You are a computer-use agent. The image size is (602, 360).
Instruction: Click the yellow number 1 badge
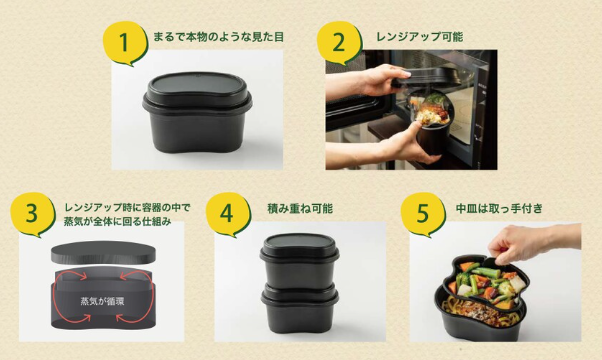[125, 43]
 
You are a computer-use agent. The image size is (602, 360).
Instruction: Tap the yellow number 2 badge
[339, 43]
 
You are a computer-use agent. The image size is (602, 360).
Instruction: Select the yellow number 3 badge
[32, 215]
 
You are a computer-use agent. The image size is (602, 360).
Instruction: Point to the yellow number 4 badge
[228, 215]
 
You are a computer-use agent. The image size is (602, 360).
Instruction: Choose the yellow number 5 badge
[423, 215]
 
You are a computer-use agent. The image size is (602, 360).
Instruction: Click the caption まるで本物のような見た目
[218, 37]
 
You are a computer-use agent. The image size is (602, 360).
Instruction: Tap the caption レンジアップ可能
[420, 37]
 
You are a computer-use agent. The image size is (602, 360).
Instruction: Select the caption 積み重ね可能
[300, 208]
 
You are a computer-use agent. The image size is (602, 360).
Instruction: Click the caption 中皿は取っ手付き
[499, 208]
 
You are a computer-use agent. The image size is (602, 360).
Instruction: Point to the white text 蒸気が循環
[102, 301]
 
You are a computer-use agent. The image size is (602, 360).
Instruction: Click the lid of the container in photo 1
[197, 91]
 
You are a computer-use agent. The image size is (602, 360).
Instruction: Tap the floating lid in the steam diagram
[103, 253]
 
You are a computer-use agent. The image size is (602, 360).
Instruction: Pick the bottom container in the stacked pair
[299, 309]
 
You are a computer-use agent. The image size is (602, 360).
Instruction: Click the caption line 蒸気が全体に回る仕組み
[117, 222]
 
